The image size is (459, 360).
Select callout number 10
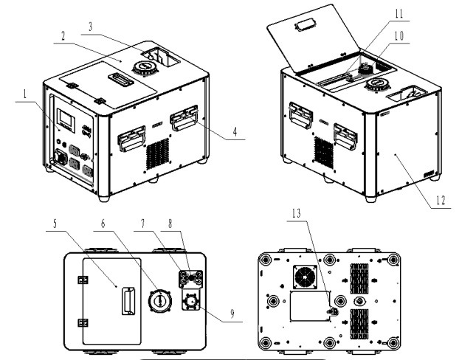click(399, 35)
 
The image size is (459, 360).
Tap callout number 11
click(399, 14)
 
